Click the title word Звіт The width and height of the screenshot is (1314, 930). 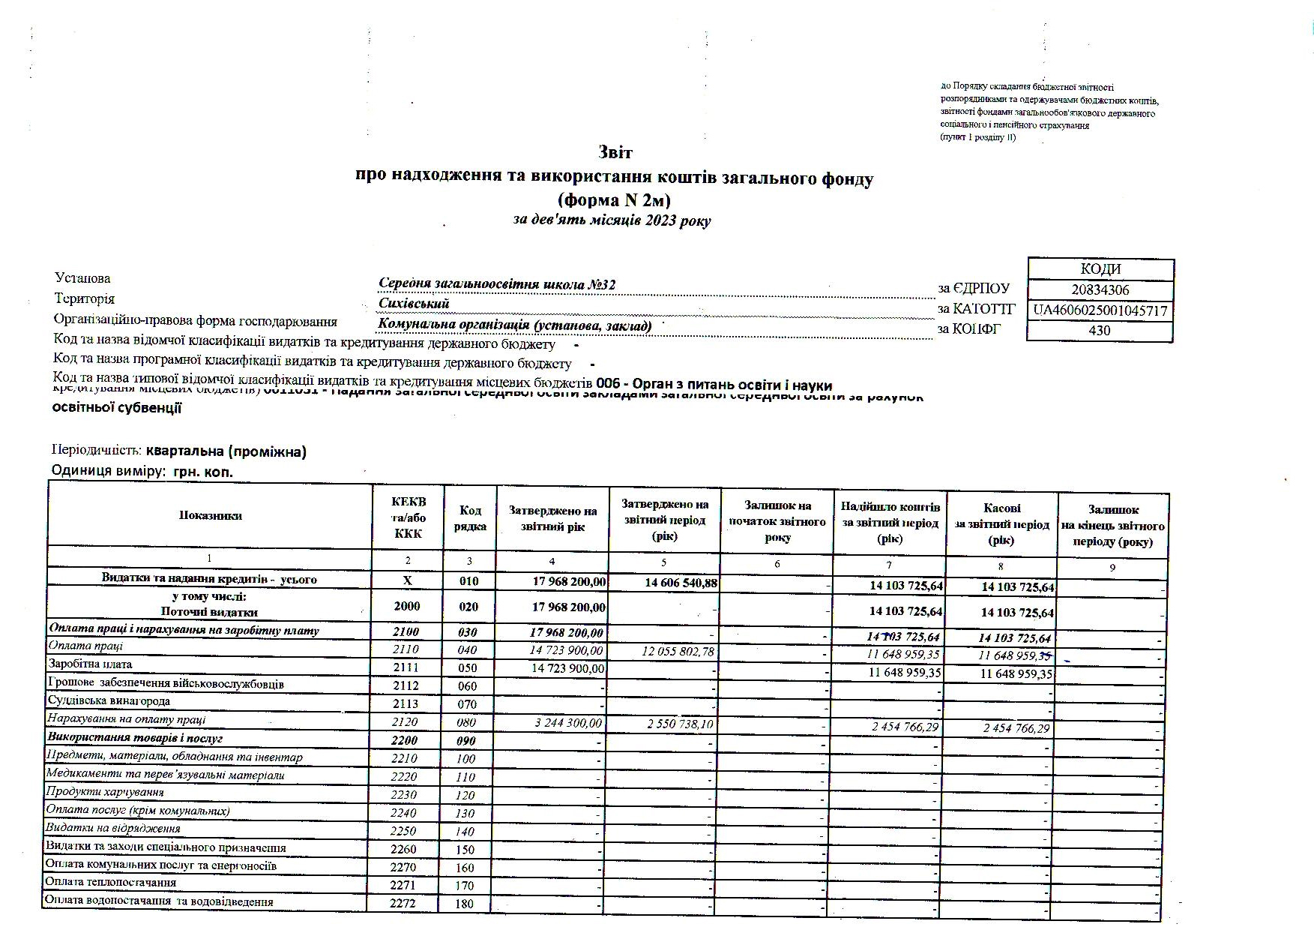[615, 153]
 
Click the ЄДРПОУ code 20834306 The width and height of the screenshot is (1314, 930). [1100, 290]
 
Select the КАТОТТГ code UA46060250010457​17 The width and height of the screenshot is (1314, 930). [1100, 310]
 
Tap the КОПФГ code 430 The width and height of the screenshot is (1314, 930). [1099, 331]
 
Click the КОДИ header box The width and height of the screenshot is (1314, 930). [1100, 269]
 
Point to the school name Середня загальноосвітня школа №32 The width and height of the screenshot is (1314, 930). [497, 285]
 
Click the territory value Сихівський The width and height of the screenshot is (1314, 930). [414, 304]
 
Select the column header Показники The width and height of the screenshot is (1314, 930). [211, 515]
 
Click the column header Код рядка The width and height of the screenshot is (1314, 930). [470, 518]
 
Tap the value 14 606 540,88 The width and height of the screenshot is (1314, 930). [681, 583]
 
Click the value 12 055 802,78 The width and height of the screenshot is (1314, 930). [678, 652]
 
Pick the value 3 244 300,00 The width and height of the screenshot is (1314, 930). [568, 724]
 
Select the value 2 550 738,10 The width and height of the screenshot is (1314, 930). [678, 724]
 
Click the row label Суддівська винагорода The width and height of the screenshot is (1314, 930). [109, 701]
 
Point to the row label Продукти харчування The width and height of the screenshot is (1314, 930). [105, 792]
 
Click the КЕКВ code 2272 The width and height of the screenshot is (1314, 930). [403, 904]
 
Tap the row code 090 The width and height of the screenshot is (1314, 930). [468, 741]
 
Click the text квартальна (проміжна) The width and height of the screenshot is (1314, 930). [226, 451]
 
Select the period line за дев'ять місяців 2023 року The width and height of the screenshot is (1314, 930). [612, 220]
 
